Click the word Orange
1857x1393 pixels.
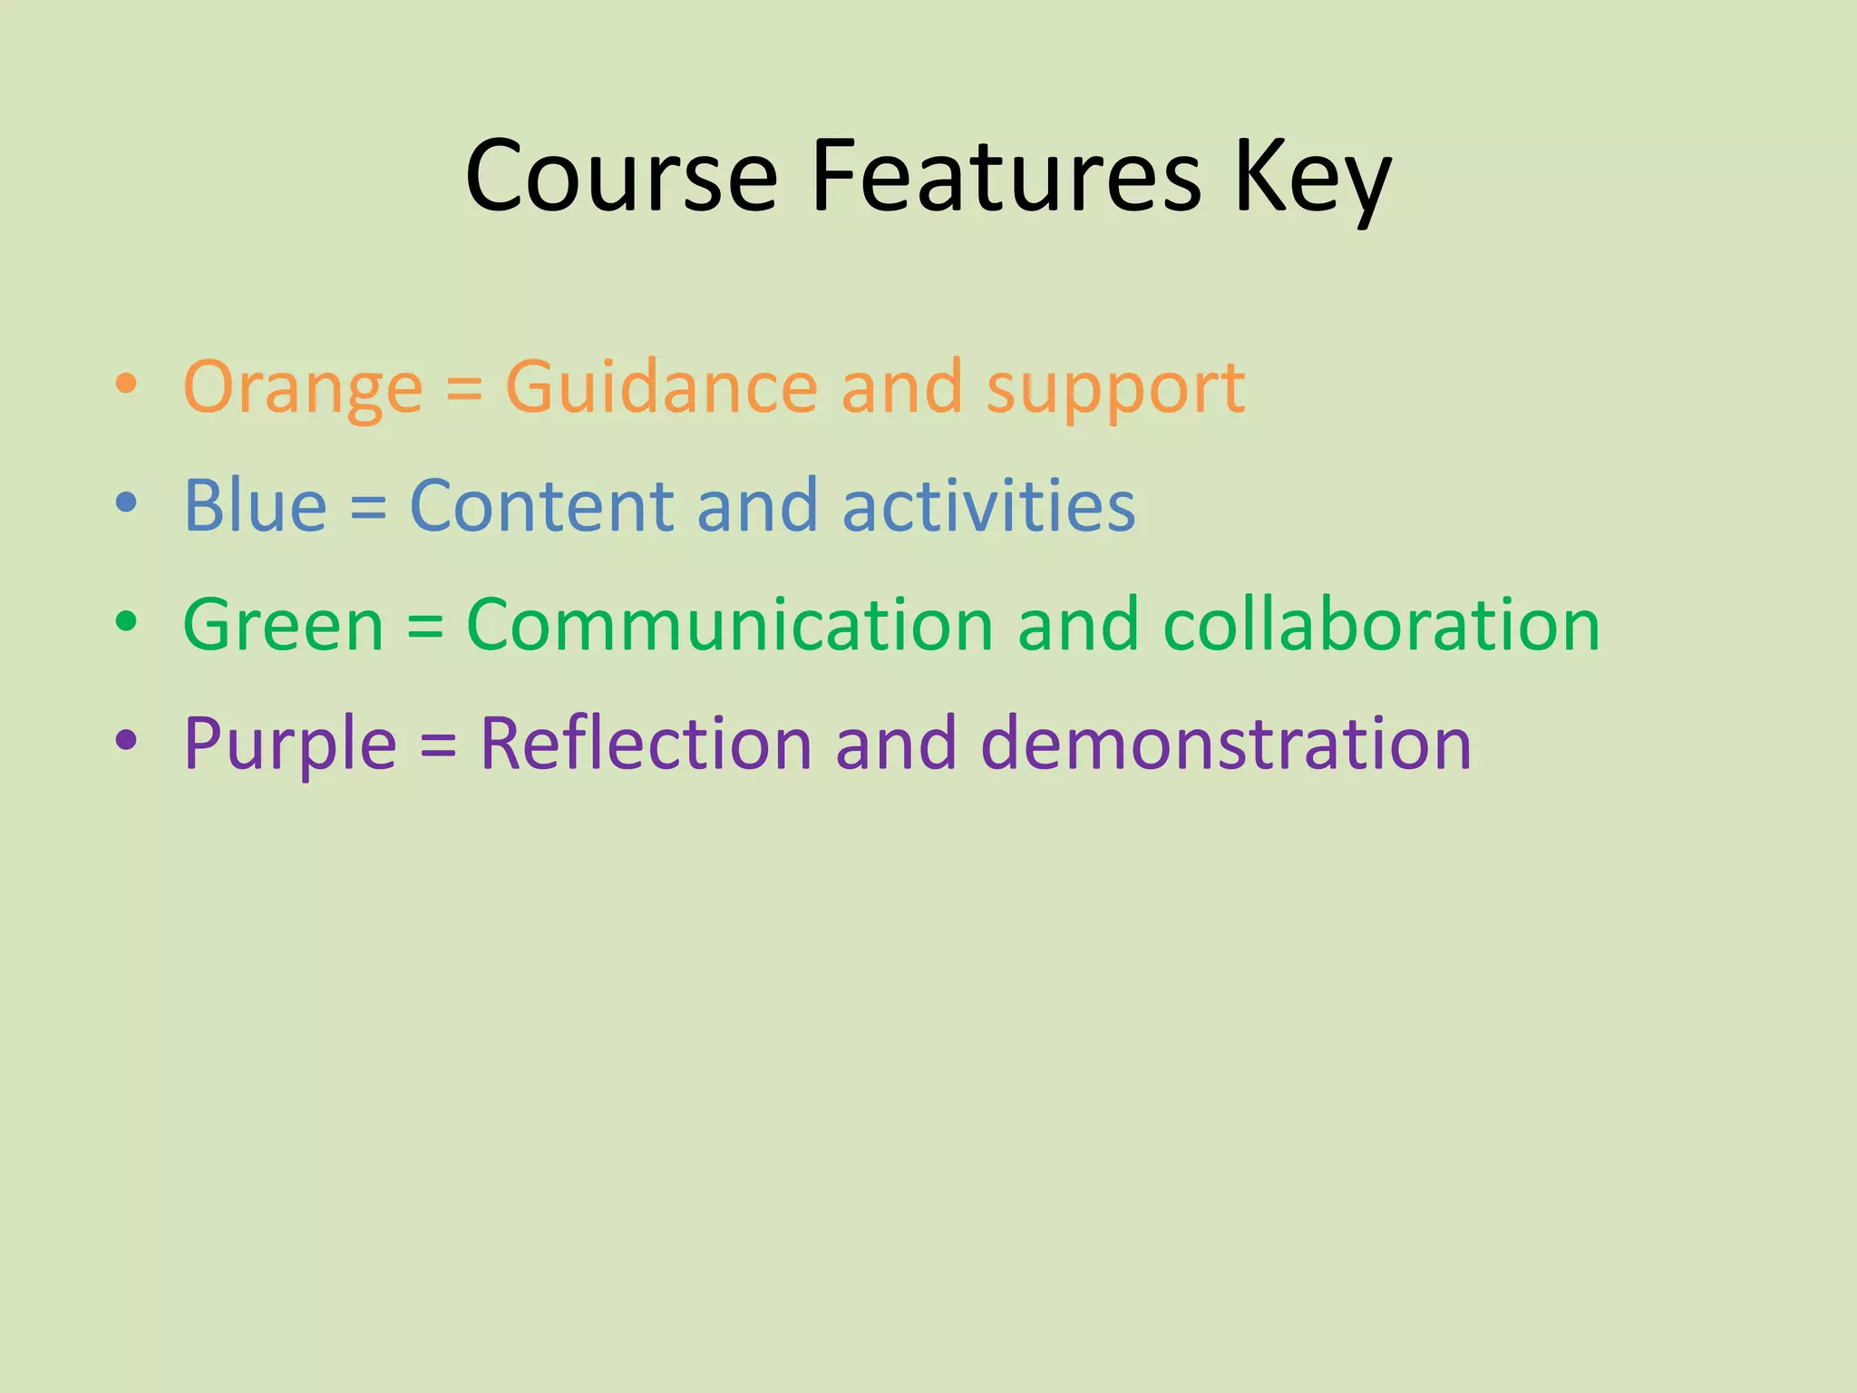pos(303,388)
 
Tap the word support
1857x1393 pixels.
pos(1115,390)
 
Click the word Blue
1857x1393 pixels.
pos(255,505)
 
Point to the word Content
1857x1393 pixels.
pos(540,505)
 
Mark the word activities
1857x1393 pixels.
pos(988,505)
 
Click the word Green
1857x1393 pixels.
pos(283,625)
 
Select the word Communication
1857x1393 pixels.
pos(730,625)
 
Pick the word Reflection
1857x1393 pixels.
pos(646,744)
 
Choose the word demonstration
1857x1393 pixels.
pos(1226,744)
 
